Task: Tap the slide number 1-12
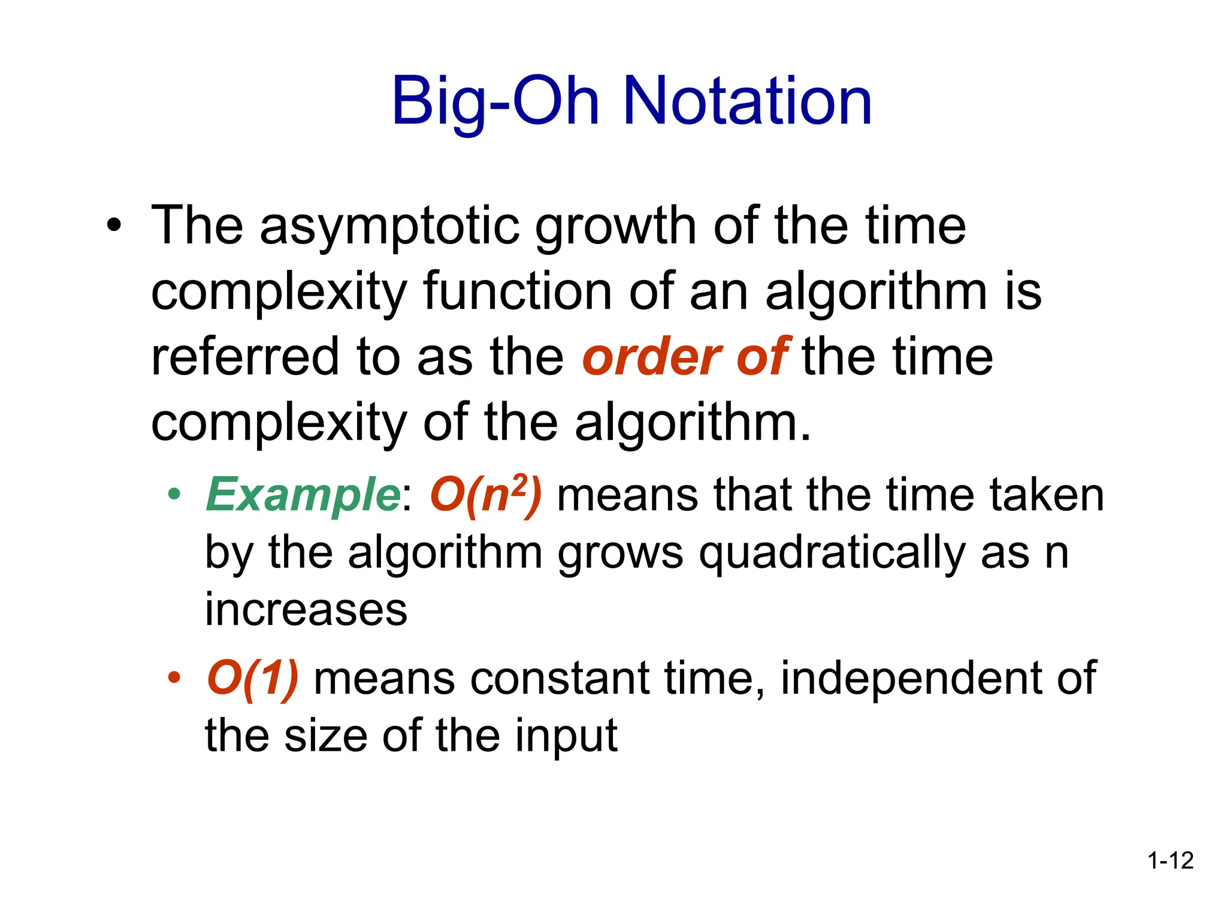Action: tap(1170, 860)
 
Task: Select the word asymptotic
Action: tap(389, 226)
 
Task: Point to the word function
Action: tap(518, 292)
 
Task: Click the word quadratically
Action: tap(832, 553)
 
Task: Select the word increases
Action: tap(306, 610)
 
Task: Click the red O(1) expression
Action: tap(252, 679)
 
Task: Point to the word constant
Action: tap(560, 679)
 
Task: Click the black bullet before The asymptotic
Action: tap(114, 226)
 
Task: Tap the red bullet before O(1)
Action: tap(174, 679)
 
